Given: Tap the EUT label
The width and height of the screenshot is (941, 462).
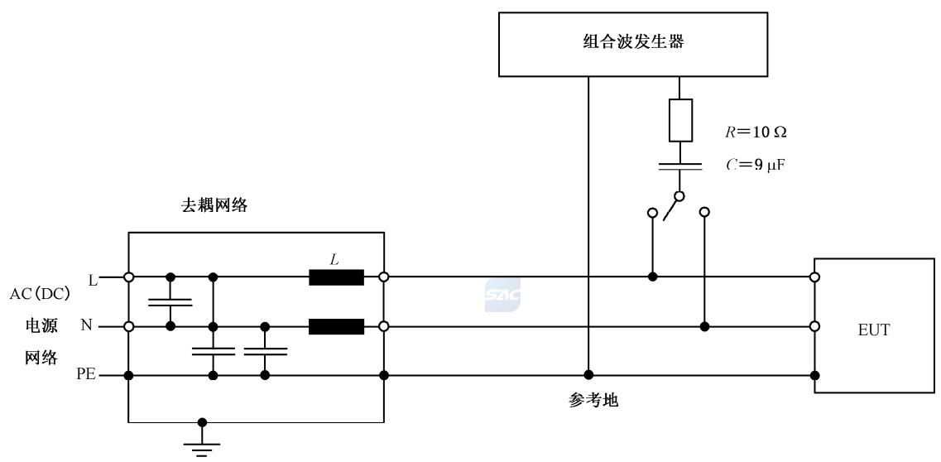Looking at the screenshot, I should coord(874,330).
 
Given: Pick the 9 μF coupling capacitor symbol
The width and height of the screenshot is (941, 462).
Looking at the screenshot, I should coord(679,167).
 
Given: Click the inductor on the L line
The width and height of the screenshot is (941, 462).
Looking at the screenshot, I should coord(336,277).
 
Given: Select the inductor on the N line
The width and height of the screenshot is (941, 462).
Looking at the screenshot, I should coord(336,327).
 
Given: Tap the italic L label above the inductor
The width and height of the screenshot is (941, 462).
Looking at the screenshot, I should coord(334,259).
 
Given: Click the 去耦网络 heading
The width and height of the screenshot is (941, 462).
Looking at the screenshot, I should coord(214,207).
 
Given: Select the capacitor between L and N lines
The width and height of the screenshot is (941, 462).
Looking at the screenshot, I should coord(170,301).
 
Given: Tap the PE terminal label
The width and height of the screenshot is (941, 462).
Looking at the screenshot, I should coord(86,375).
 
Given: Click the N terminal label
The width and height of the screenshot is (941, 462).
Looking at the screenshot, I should coord(86,326).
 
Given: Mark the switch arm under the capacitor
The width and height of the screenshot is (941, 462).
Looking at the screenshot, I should coord(671,207).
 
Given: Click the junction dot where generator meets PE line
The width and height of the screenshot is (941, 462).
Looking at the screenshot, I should coord(588,375).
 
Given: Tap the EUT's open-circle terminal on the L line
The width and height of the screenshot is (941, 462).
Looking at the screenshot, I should coord(815,277).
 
